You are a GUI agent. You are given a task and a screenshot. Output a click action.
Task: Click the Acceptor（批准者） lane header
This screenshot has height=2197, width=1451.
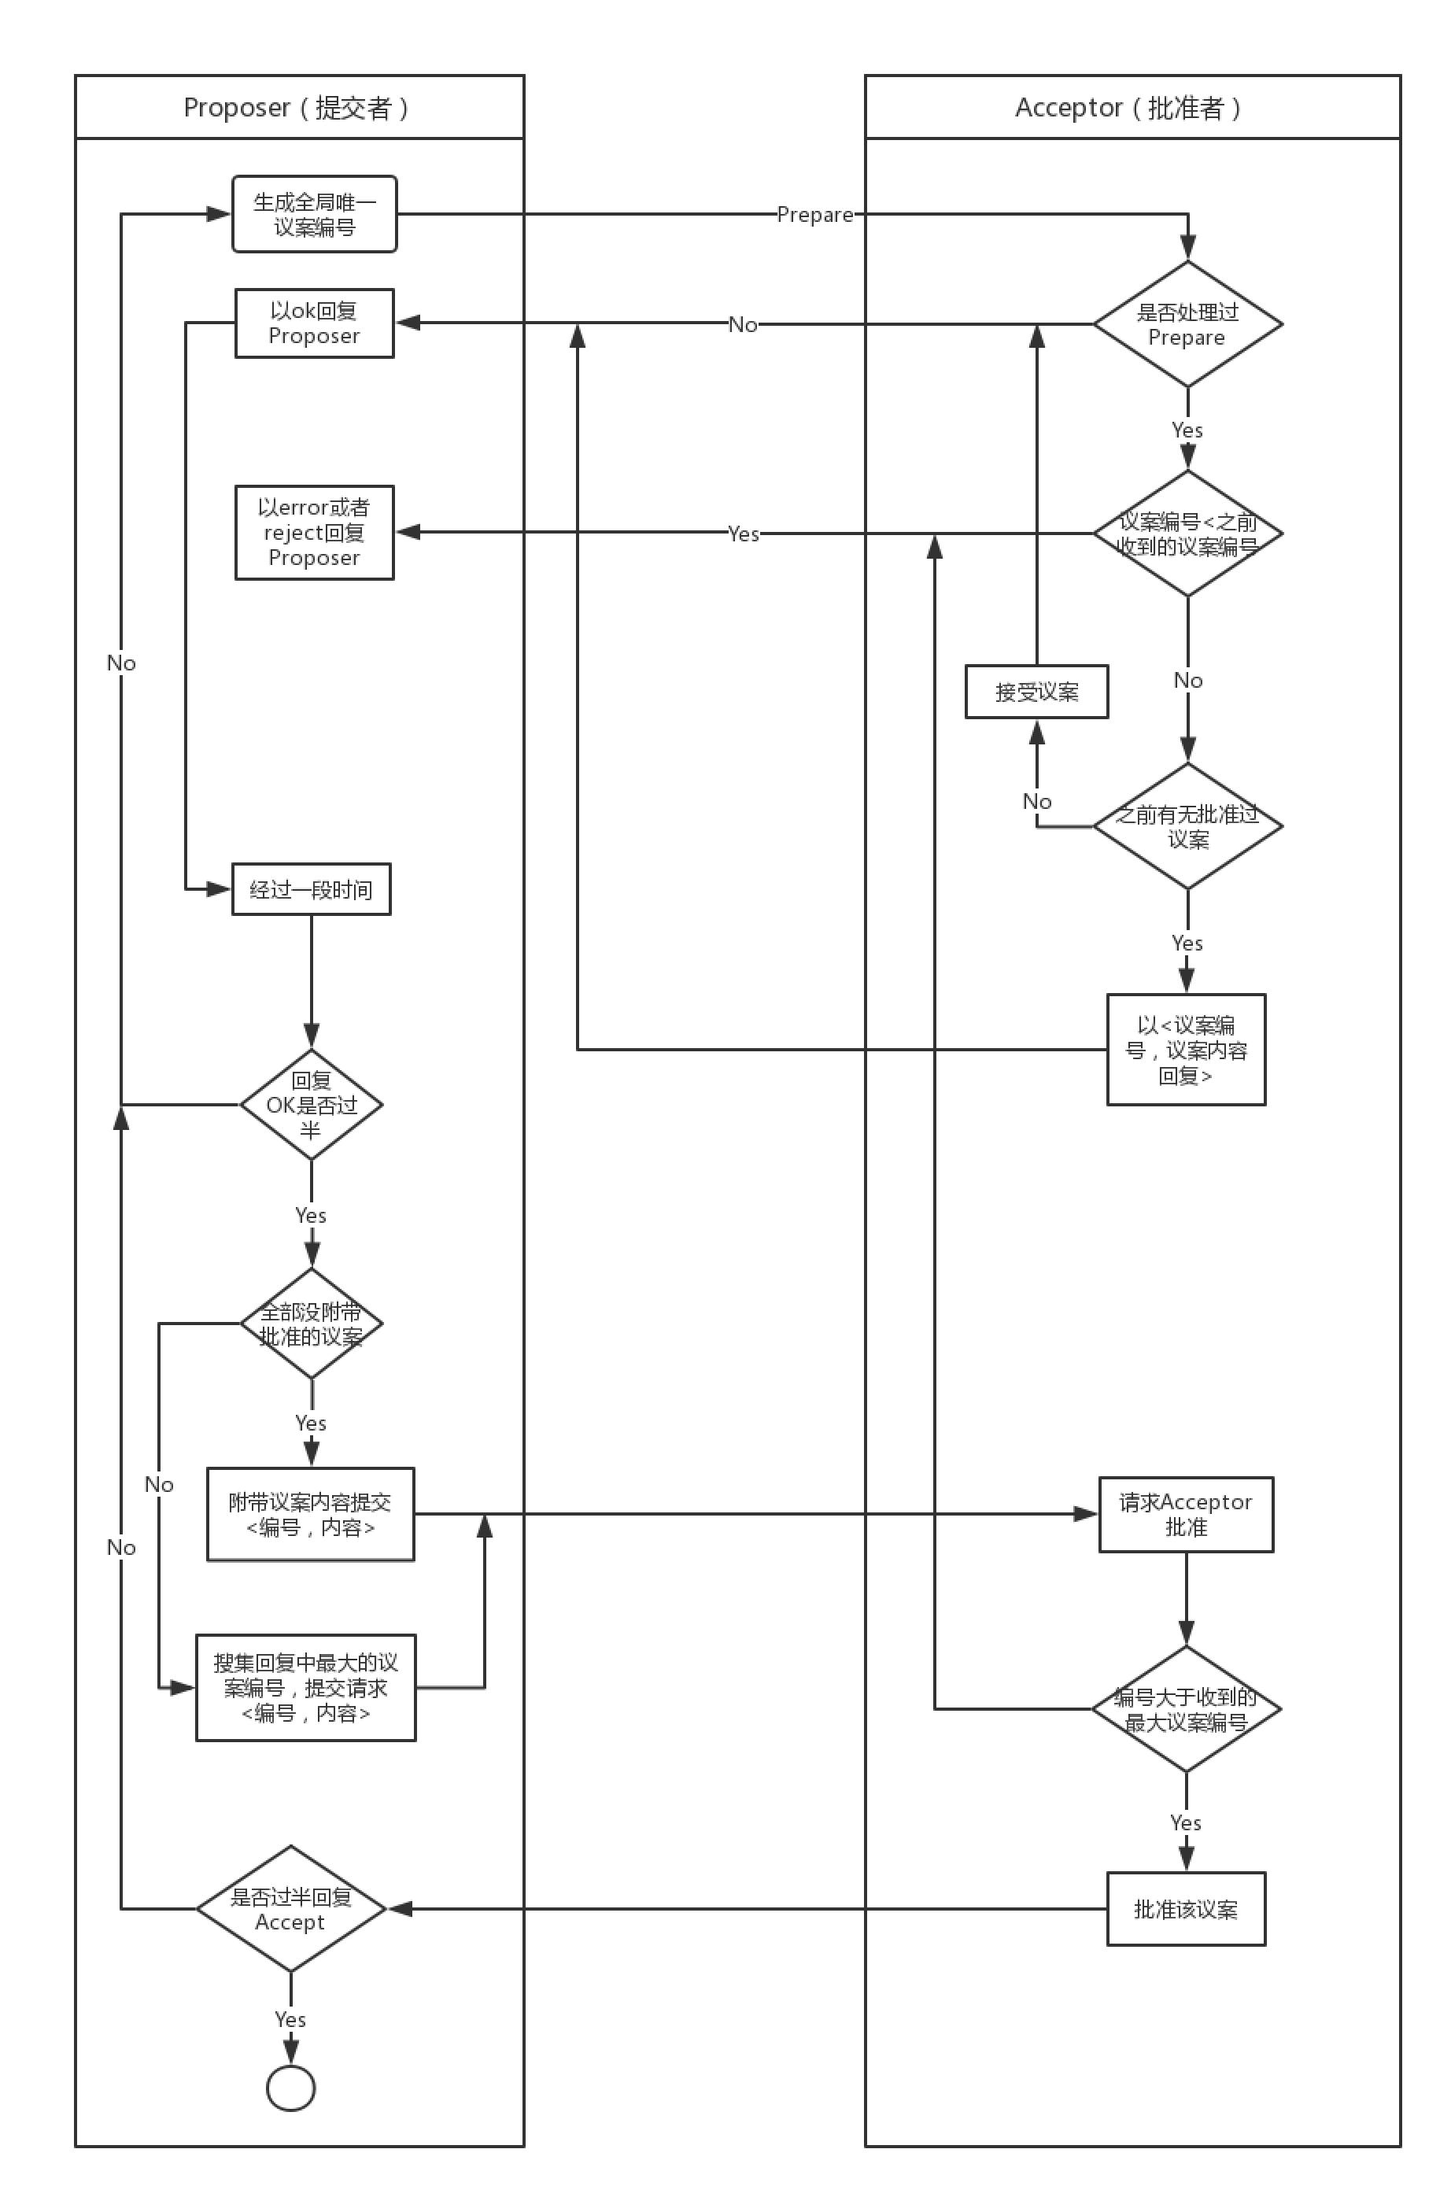coord(1131,107)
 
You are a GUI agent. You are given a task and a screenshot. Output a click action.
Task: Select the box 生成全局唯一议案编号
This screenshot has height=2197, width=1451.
coord(314,214)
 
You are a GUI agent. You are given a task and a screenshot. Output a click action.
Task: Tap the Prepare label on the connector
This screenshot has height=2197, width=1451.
coord(814,215)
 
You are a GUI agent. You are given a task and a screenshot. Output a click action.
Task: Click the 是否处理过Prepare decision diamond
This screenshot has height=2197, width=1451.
coord(1187,324)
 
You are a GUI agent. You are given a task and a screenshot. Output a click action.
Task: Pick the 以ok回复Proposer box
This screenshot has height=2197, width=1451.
coord(314,323)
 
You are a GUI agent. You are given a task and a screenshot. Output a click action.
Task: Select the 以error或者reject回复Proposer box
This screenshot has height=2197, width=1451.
coord(314,532)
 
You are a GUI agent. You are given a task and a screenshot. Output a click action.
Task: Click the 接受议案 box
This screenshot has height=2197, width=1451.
coord(1036,692)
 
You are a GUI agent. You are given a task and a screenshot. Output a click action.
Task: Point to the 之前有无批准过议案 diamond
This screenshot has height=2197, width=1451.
coord(1187,825)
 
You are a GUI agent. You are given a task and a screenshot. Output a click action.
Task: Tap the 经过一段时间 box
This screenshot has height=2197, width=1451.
coord(311,889)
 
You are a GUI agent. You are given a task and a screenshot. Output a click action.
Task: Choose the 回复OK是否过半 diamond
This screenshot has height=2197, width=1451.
coord(311,1104)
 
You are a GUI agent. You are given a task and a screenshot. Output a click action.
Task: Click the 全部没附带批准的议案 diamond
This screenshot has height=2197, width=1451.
coord(311,1324)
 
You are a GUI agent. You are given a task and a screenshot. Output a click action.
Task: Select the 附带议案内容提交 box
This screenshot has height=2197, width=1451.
coord(310,1514)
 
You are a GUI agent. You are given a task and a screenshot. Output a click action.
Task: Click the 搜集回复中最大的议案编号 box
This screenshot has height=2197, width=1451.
coord(305,1687)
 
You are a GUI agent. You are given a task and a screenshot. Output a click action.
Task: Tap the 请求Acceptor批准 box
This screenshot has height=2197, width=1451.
coord(1185,1514)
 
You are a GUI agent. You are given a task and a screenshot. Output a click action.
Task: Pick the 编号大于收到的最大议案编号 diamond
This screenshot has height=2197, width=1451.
coord(1185,1708)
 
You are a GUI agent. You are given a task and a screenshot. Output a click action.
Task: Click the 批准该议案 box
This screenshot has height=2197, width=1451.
coord(1185,1908)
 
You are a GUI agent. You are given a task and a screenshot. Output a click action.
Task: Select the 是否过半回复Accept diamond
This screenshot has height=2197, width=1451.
coord(290,1908)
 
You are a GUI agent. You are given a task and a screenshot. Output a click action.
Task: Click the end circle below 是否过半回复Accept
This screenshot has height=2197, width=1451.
coord(290,2088)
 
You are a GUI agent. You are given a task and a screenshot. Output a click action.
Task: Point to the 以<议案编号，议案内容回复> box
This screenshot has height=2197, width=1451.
coord(1185,1050)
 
